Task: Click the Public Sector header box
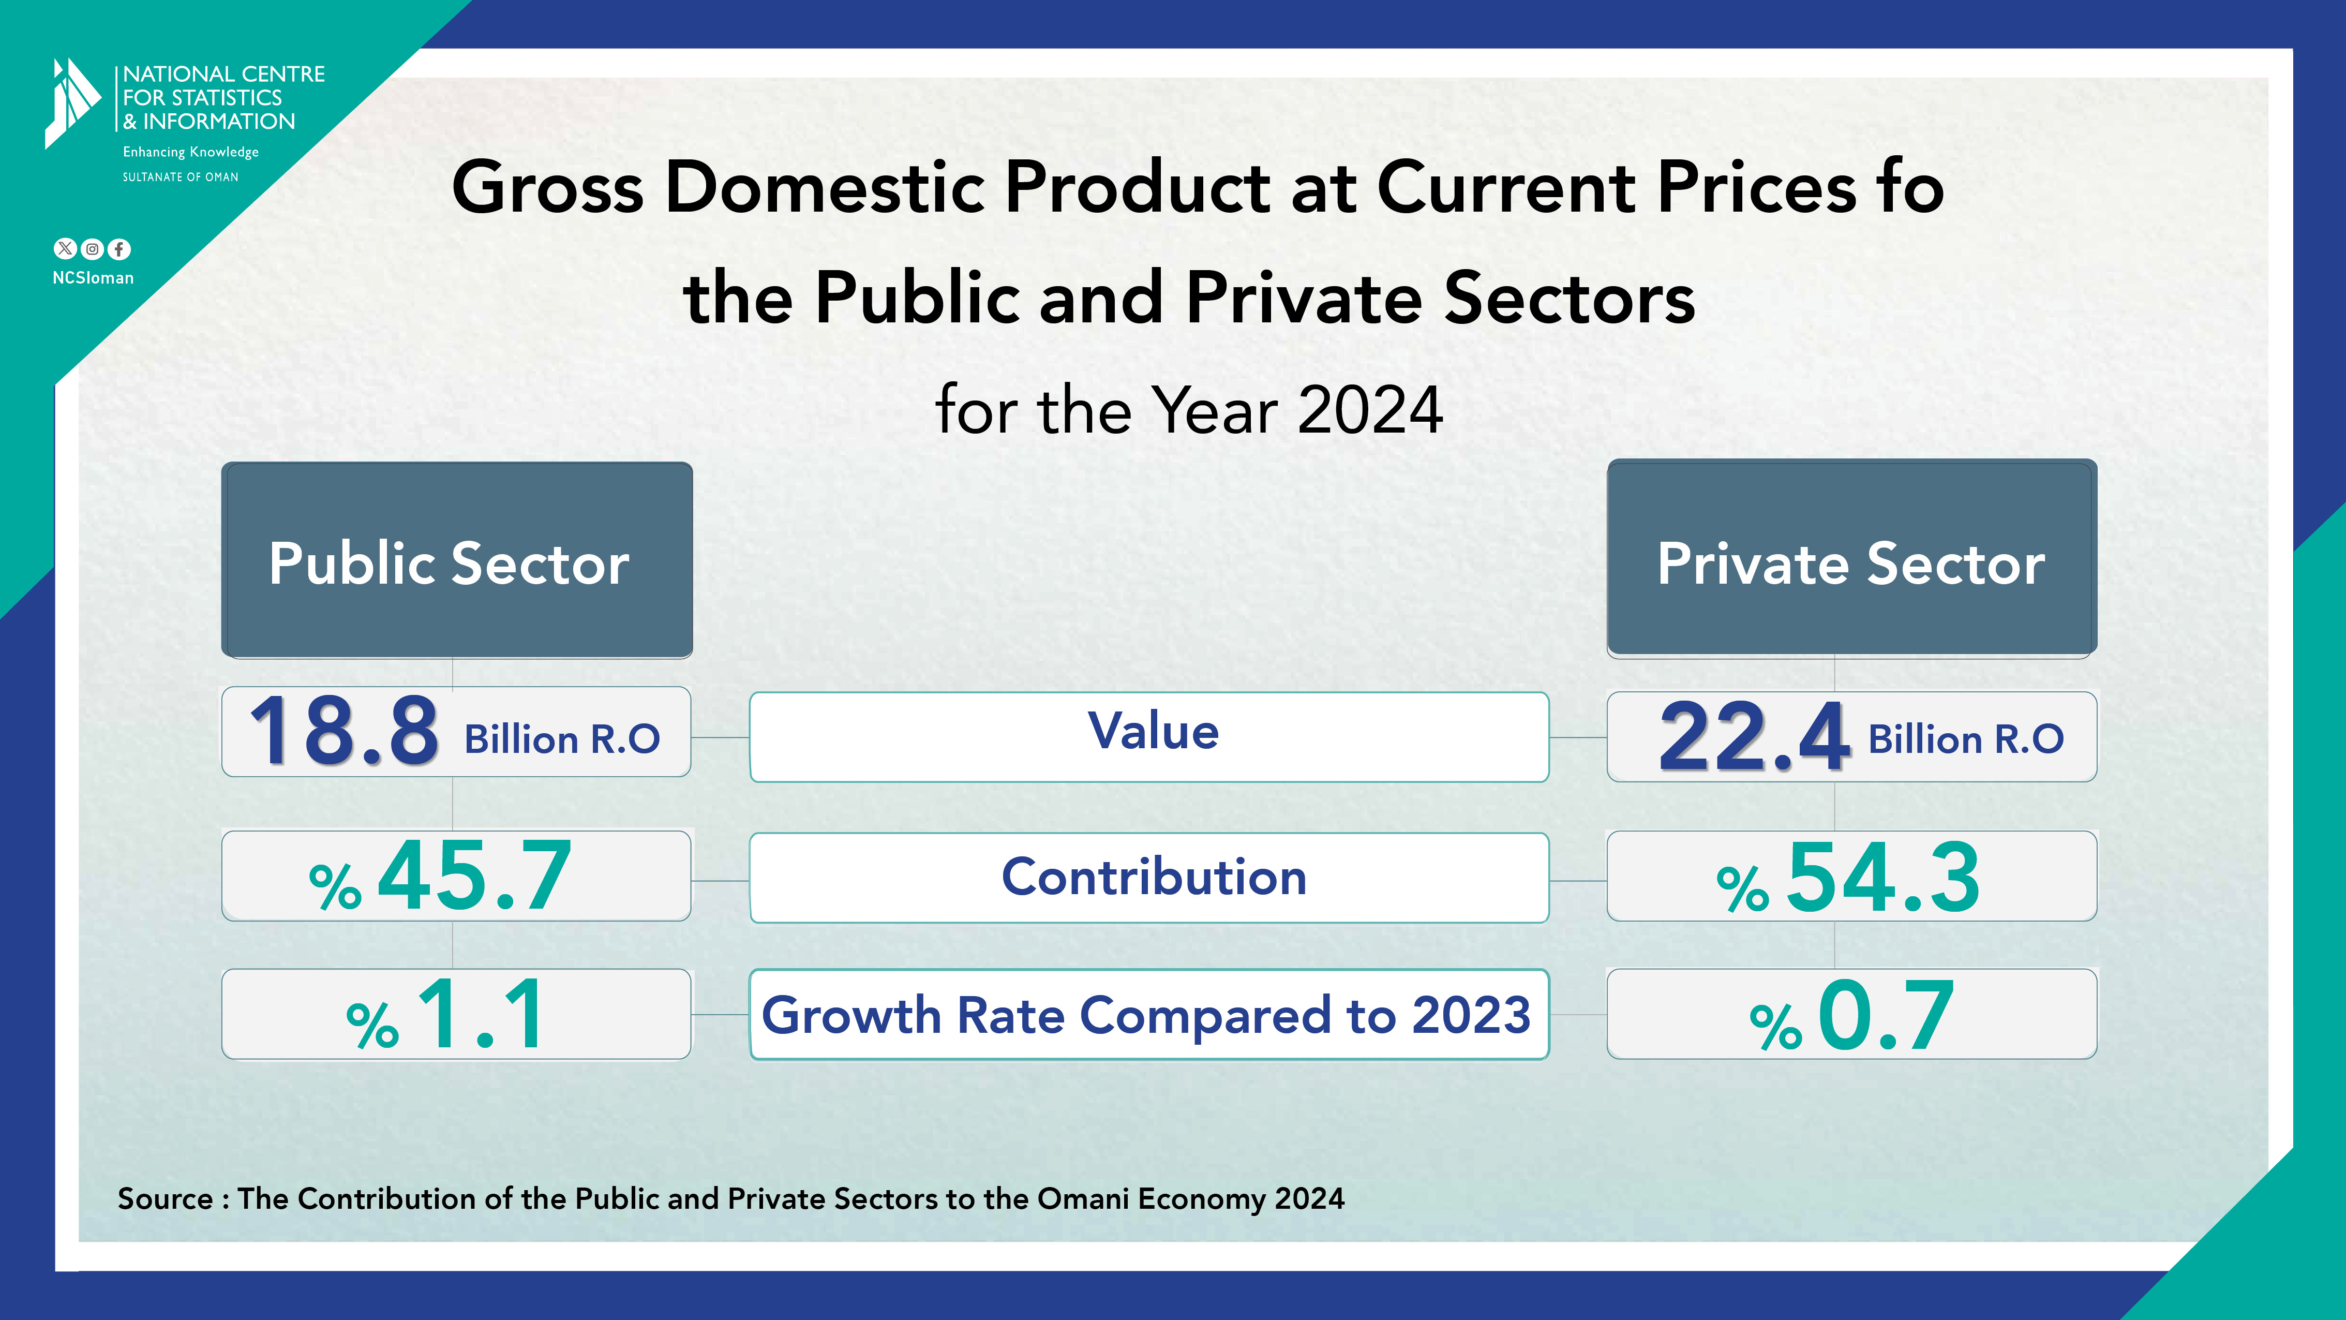[x=456, y=560]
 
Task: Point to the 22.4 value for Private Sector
[x=1753, y=736]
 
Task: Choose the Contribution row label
[x=1153, y=877]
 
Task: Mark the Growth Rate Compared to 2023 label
[x=1146, y=1015]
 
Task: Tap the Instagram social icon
[x=92, y=249]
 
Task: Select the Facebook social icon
[x=119, y=249]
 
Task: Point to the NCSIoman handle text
[x=93, y=278]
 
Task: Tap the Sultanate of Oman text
[x=181, y=177]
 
